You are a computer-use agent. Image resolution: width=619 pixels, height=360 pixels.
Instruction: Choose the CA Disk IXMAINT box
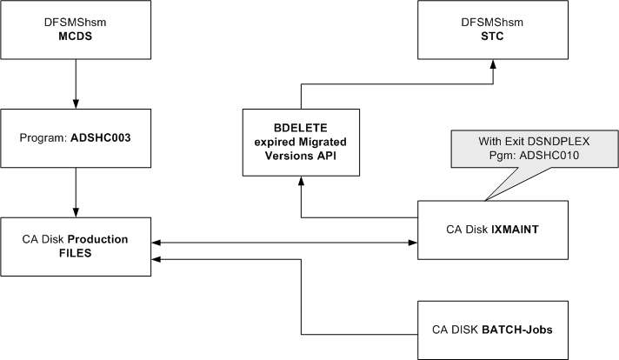[x=493, y=230]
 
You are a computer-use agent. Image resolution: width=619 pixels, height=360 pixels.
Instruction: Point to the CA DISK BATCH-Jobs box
[x=493, y=330]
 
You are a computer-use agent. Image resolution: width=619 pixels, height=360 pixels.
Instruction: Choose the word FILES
[x=77, y=253]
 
